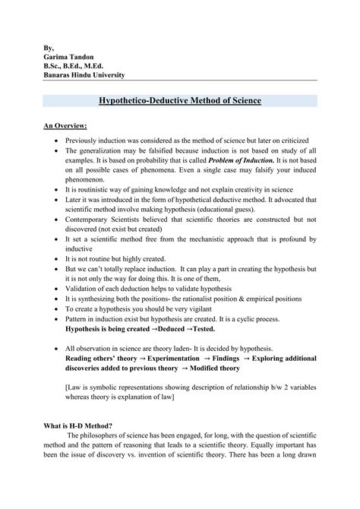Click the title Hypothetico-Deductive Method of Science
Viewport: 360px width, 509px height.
180,100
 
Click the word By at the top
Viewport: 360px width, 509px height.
49,46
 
